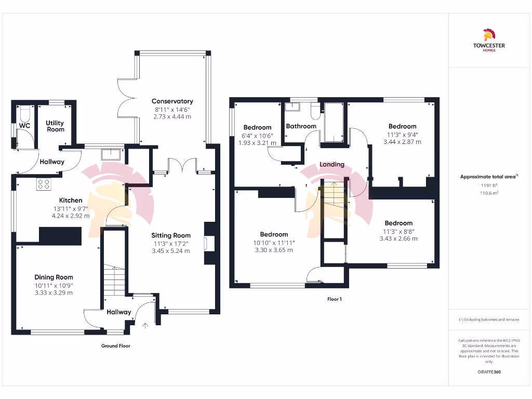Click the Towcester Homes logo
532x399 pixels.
[x=488, y=41]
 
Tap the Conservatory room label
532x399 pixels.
[x=172, y=101]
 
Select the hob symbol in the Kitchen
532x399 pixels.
[x=43, y=184]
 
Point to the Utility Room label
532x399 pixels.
[x=55, y=126]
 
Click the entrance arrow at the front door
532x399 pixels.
[x=145, y=326]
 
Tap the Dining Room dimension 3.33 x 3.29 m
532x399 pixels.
[x=54, y=293]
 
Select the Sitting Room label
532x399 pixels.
[x=171, y=235]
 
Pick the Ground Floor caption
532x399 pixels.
[x=116, y=345]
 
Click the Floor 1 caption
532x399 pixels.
[x=335, y=299]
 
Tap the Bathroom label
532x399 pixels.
[x=301, y=126]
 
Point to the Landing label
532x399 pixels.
[x=331, y=164]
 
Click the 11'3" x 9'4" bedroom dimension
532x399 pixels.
[x=402, y=134]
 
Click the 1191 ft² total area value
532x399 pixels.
[x=488, y=185]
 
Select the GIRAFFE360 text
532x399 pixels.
[x=488, y=372]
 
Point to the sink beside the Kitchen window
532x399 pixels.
[x=111, y=154]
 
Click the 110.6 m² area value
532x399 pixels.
[x=488, y=193]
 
